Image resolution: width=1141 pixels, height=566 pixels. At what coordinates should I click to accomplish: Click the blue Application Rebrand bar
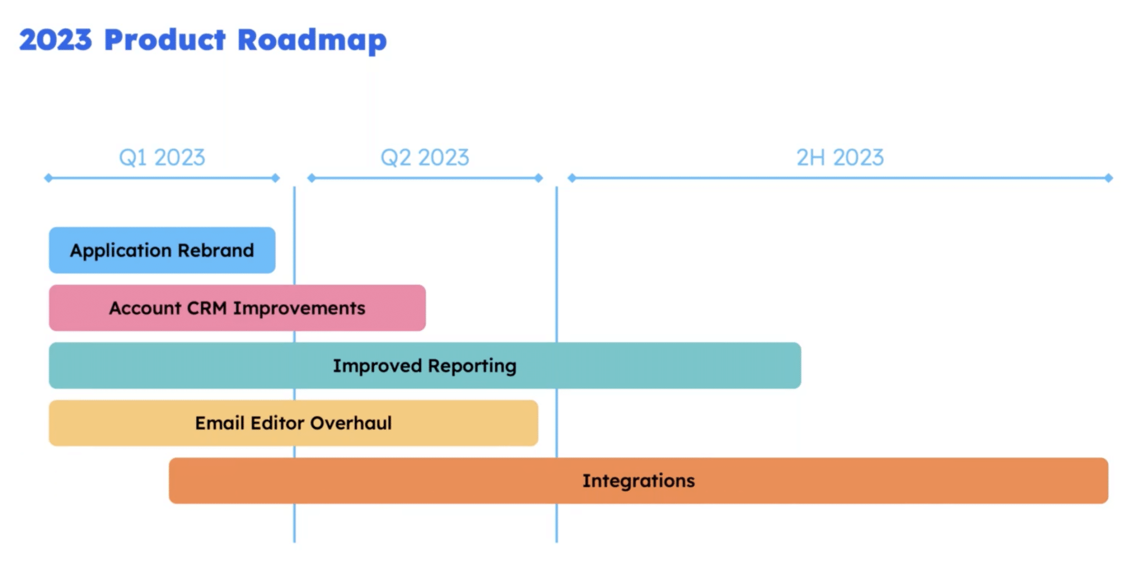pos(162,250)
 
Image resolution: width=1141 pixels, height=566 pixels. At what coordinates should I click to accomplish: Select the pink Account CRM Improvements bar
pos(237,308)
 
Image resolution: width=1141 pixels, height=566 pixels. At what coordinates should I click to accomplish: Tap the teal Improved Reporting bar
pos(425,366)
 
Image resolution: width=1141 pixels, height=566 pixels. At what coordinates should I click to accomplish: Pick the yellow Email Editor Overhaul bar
pos(293,423)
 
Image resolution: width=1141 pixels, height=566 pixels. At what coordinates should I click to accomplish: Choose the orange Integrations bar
pos(638,481)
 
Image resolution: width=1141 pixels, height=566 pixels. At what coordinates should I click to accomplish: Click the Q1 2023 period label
pos(162,158)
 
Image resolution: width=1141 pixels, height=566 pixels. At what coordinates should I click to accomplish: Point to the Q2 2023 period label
pos(425,158)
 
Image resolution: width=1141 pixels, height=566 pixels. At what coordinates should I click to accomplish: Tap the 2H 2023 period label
pos(840,158)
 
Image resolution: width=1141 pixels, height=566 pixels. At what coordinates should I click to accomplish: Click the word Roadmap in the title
pos(312,40)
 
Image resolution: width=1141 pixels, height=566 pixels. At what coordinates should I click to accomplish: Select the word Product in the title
pos(165,40)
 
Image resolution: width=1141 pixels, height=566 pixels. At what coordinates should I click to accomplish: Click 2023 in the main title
pos(55,40)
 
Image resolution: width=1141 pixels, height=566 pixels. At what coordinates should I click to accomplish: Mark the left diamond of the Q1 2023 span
pos(48,178)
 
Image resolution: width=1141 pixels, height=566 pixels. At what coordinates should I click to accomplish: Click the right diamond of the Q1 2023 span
pos(275,178)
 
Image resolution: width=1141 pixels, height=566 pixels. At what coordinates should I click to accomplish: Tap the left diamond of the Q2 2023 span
pos(311,178)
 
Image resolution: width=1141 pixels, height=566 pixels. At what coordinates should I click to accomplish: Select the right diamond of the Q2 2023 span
pos(539,178)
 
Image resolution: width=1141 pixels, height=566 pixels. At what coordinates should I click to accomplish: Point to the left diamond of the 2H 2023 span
pos(572,178)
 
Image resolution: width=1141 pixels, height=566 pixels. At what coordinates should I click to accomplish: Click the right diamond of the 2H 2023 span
pos(1109,178)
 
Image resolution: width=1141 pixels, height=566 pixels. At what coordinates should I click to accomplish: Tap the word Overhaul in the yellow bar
pos(351,423)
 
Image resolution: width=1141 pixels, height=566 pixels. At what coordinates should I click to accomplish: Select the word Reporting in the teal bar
pos(472,366)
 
